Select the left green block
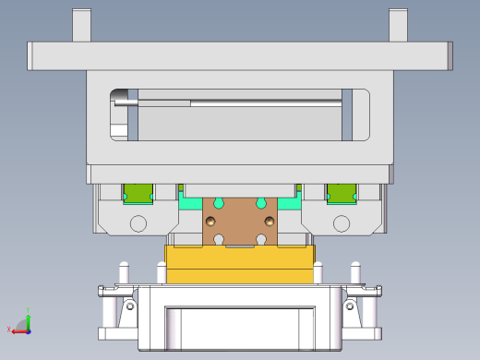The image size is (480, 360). click(x=138, y=193)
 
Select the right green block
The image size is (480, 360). click(x=342, y=193)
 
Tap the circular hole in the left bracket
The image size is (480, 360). click(x=138, y=223)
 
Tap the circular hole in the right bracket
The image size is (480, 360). click(x=342, y=223)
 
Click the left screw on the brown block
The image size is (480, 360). click(x=211, y=221)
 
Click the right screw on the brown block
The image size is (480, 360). click(x=270, y=221)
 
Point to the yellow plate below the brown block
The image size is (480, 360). click(x=240, y=266)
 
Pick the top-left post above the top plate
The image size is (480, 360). click(x=82, y=25)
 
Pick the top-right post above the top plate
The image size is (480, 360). click(x=398, y=25)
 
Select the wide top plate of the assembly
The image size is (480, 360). click(x=240, y=56)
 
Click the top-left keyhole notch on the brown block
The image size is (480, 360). click(x=219, y=202)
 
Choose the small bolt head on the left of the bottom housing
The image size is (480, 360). click(x=130, y=305)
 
